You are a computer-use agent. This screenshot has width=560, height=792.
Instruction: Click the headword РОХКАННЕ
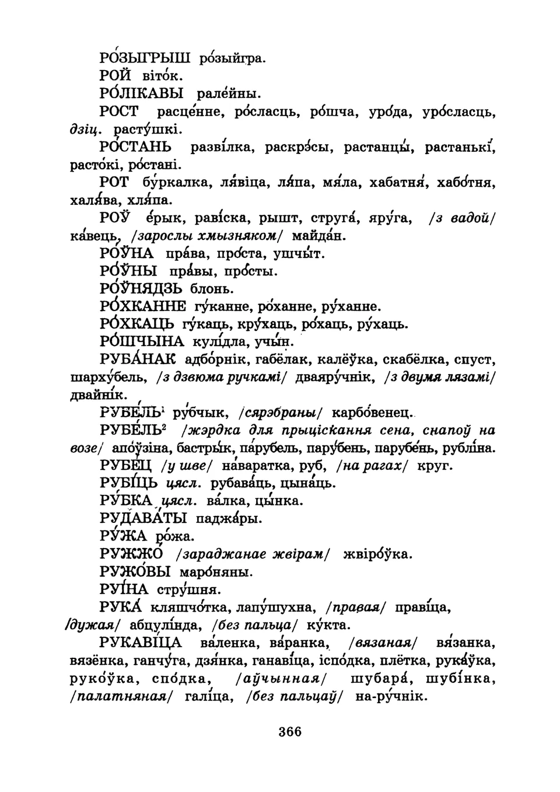(143, 306)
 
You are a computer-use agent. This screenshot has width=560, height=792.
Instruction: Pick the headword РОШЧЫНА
(142, 341)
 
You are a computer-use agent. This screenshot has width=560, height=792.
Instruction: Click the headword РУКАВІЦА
(141, 643)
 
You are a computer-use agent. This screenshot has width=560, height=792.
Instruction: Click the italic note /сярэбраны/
(279, 413)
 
